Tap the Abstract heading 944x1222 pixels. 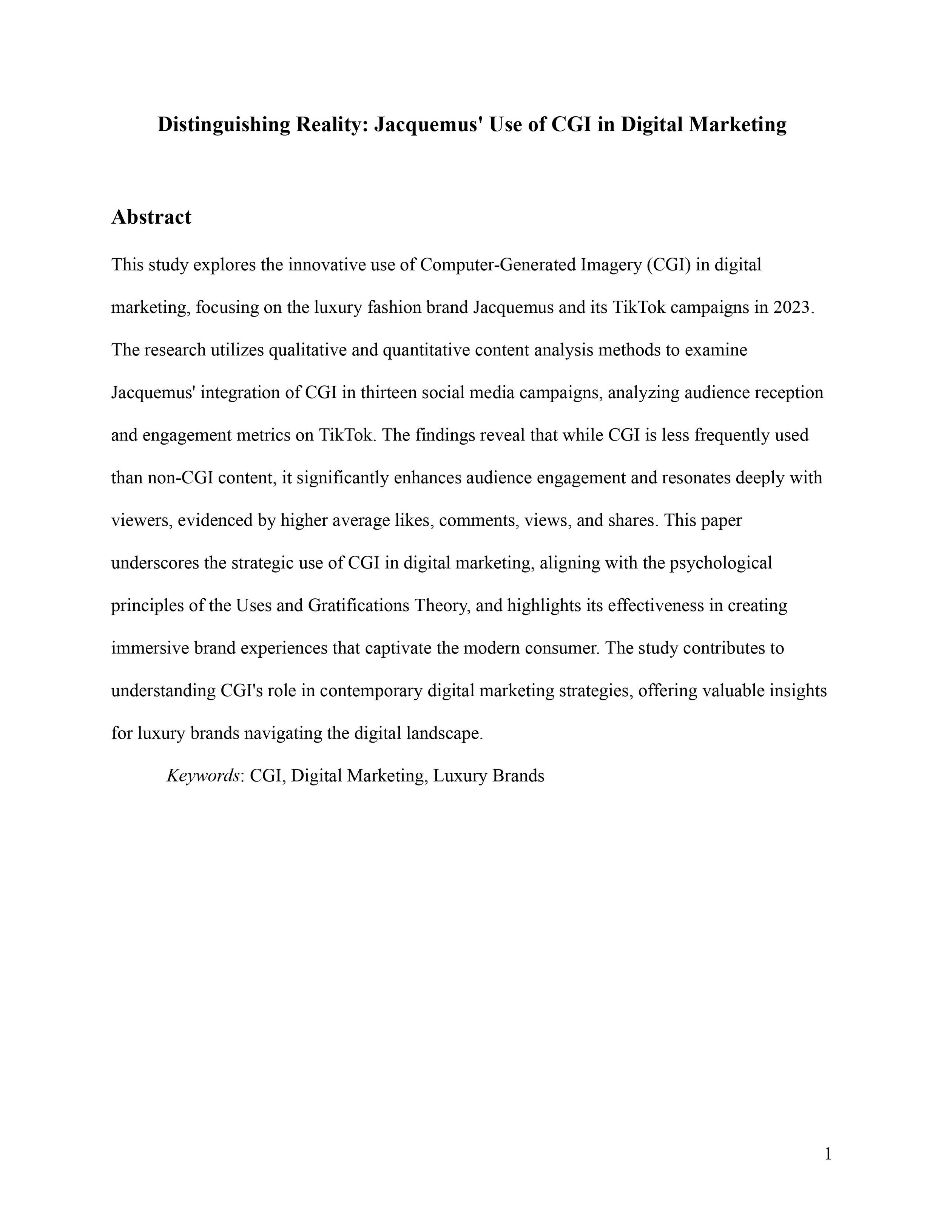click(x=151, y=217)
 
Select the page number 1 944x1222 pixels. click(x=828, y=1154)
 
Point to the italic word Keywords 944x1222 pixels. click(x=203, y=776)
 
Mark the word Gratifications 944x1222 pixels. click(x=358, y=606)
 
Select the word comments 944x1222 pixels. click(x=478, y=521)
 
